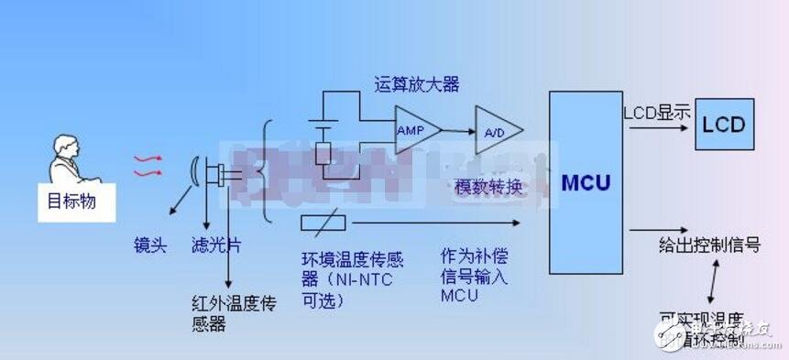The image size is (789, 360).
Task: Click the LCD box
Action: tap(723, 125)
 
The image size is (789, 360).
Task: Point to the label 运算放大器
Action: tap(416, 85)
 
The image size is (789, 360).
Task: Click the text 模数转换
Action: tap(488, 187)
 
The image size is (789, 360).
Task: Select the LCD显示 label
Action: tap(657, 114)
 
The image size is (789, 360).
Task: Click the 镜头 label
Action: tap(149, 245)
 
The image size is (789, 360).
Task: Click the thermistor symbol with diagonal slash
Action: tap(323, 222)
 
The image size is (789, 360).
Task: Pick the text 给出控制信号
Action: tap(710, 245)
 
